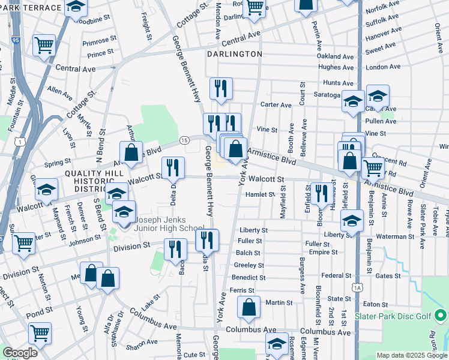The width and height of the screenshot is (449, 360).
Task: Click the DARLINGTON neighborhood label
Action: [x=235, y=54]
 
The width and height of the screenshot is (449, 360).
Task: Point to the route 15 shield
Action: [x=184, y=140]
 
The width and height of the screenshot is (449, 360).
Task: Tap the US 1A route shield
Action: [x=358, y=289]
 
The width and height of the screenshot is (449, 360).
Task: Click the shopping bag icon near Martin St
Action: [x=249, y=307]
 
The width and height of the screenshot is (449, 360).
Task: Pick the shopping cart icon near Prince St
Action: [x=44, y=45]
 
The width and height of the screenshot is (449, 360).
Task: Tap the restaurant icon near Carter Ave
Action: [x=221, y=88]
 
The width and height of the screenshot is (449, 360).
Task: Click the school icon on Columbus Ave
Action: [x=277, y=344]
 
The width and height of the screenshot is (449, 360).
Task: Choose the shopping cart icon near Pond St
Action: [x=40, y=333]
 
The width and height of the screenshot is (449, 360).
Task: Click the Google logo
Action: [x=20, y=353]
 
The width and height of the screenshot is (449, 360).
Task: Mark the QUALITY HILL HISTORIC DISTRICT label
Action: [x=93, y=179]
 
